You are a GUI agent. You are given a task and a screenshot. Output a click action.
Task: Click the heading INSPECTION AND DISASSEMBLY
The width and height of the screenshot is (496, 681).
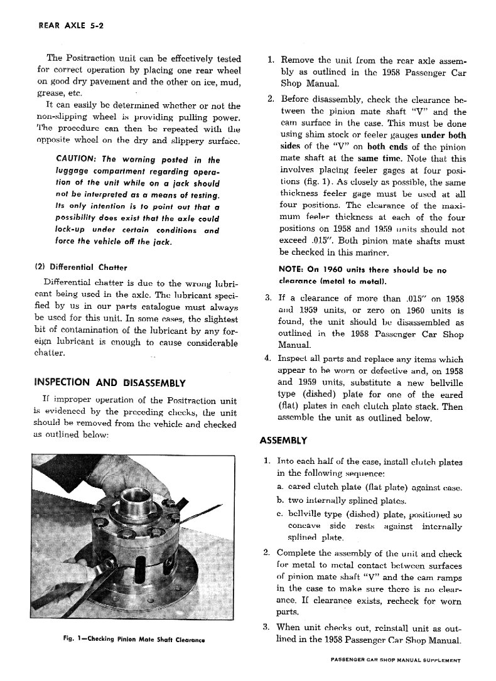pos(109,383)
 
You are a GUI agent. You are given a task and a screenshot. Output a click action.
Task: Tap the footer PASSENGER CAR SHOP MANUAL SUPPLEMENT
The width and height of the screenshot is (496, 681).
pos(394,660)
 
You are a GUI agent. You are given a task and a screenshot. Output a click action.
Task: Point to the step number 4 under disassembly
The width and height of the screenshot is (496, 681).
pos(268,360)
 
